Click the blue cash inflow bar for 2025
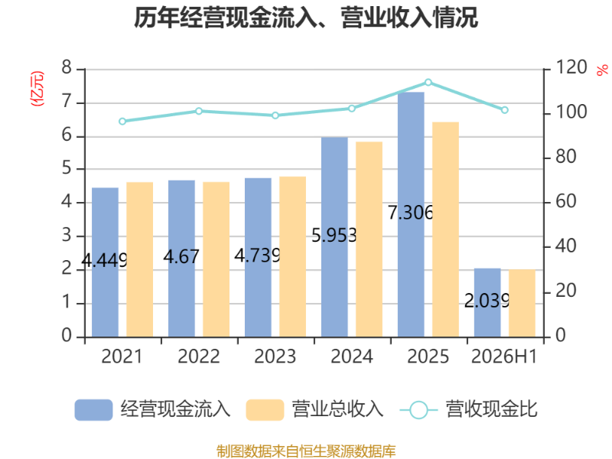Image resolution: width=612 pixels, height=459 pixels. tap(411, 215)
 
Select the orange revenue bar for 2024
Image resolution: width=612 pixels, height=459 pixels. tap(369, 239)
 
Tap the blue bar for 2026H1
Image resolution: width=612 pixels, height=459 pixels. tap(487, 303)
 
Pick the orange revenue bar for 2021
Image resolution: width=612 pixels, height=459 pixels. tap(140, 259)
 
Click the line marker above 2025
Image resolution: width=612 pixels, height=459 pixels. tap(428, 83)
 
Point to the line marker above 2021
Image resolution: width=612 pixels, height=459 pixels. tap(122, 122)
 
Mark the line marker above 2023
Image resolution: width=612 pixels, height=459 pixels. tap(275, 116)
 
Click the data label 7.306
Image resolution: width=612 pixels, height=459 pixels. tap(411, 213)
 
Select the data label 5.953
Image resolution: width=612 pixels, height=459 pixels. tap(334, 236)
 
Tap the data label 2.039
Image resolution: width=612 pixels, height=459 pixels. tap(487, 301)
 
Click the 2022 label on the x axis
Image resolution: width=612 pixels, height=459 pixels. tap(199, 356)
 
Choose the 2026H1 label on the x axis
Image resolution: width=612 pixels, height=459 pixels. tap(504, 356)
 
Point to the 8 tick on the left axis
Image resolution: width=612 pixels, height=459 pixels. tap(67, 67)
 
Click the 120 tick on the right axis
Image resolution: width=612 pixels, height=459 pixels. tap(571, 67)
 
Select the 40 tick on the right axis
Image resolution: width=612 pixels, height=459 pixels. tap(565, 246)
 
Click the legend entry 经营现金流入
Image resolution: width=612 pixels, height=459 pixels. tap(152, 409)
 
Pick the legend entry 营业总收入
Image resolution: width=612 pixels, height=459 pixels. tap(315, 409)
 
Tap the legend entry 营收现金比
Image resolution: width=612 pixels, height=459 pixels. tap(469, 409)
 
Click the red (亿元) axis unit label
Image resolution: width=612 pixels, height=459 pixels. tap(37, 89)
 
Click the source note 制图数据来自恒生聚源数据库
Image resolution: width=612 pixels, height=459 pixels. tap(306, 451)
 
